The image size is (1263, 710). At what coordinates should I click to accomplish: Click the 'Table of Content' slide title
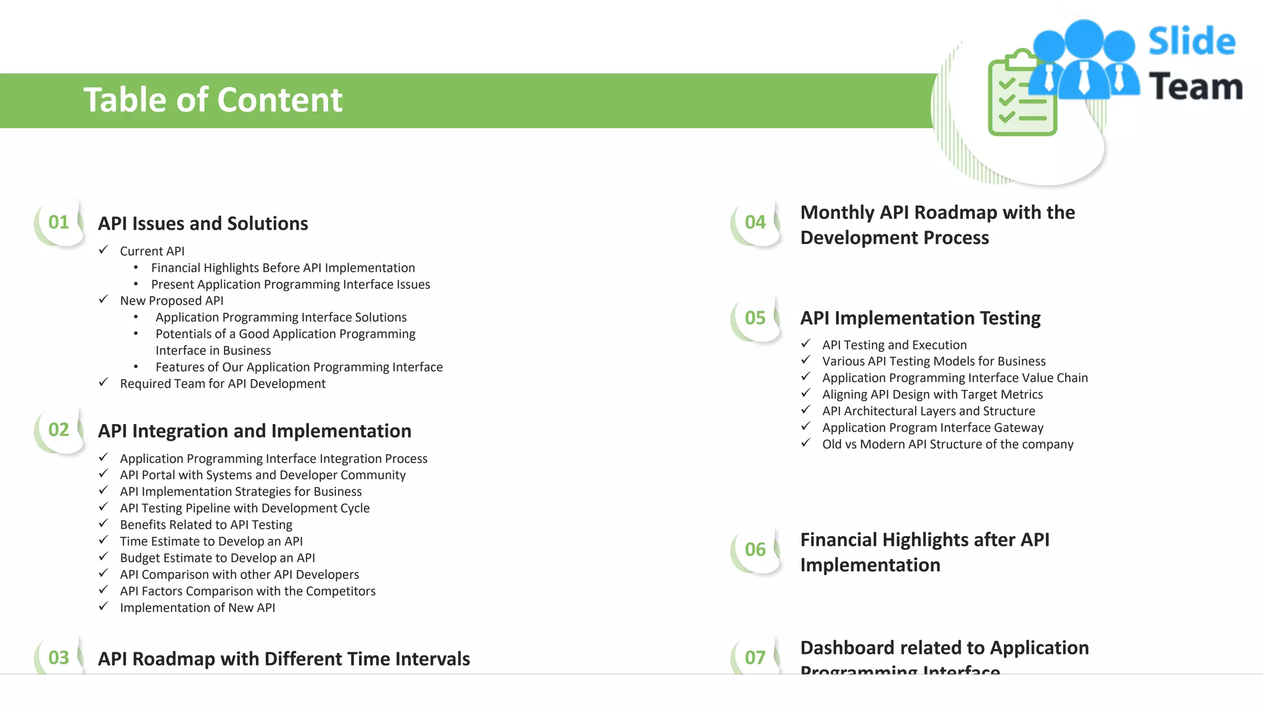(x=213, y=100)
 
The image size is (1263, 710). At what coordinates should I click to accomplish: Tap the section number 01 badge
(x=59, y=222)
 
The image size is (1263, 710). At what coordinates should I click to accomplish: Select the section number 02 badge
(x=59, y=430)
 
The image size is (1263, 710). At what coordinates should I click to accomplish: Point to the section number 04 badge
(x=755, y=222)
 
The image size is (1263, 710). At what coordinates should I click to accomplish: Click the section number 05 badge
(x=755, y=318)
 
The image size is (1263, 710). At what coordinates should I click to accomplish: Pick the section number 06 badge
(x=755, y=550)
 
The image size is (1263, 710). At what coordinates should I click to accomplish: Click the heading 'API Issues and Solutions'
(x=203, y=224)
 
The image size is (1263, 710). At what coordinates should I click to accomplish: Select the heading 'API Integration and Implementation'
(x=254, y=431)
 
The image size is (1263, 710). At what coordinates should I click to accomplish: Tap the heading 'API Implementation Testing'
(x=920, y=318)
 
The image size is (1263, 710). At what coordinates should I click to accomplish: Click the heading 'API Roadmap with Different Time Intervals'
(x=284, y=659)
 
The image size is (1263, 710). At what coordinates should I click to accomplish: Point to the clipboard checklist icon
(x=1022, y=94)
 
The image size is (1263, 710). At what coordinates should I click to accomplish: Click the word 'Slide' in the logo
(x=1191, y=42)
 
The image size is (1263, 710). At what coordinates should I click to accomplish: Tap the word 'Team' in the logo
(x=1195, y=87)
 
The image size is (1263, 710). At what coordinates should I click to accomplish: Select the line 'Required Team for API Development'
(x=223, y=384)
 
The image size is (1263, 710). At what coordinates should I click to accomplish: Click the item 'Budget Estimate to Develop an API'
(x=217, y=558)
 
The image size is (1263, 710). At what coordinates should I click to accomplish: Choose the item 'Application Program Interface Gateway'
(x=932, y=428)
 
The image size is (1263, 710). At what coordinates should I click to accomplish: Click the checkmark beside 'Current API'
(x=104, y=250)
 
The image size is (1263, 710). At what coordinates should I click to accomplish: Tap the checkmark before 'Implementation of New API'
(x=104, y=607)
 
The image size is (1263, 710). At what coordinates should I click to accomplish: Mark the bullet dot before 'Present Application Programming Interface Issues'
(x=136, y=284)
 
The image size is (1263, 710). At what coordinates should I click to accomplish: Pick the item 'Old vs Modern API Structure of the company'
(x=947, y=444)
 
